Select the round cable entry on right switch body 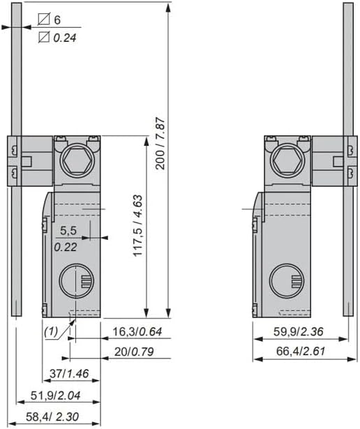288,282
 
